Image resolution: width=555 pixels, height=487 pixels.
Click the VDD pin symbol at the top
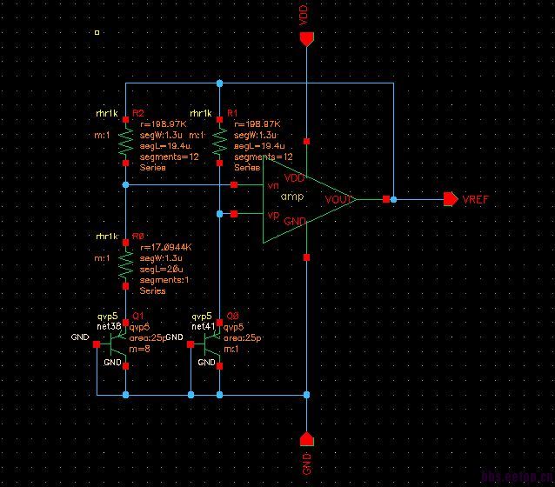tap(305, 38)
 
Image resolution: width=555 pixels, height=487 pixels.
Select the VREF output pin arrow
tap(450, 199)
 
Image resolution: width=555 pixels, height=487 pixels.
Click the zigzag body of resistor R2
tap(126, 143)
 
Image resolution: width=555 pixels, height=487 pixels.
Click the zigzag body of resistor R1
tap(220, 143)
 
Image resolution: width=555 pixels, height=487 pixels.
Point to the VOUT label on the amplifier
tap(338, 199)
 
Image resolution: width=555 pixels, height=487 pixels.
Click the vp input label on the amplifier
tap(272, 214)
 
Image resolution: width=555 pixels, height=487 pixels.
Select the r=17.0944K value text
tap(165, 248)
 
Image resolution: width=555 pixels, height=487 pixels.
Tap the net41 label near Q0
tap(202, 325)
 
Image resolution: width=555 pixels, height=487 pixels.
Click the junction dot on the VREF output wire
tap(393, 199)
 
